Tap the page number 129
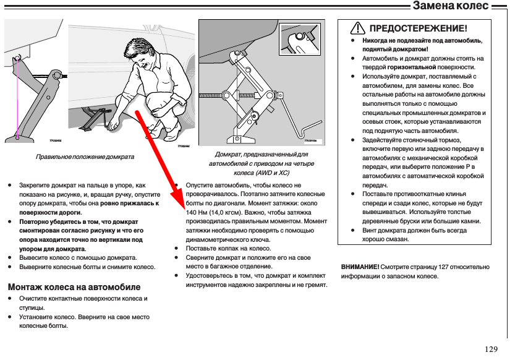491,349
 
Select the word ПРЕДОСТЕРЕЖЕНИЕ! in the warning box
418,28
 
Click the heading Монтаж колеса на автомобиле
74,287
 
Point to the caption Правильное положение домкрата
85,157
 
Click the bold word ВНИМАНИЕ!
360,267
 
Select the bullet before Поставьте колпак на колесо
178,247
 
